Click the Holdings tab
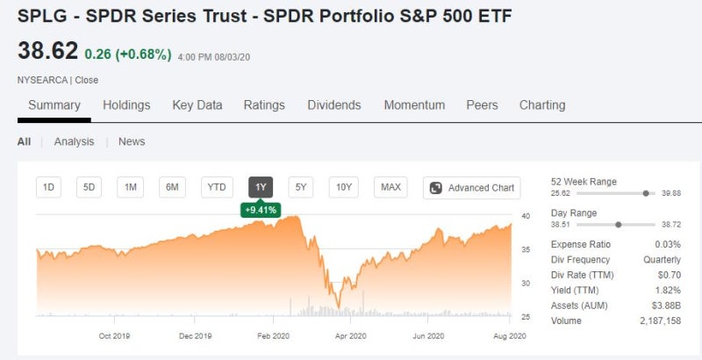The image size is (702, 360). (126, 105)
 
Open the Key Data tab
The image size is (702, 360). (197, 105)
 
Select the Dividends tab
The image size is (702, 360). (333, 105)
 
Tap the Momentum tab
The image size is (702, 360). (414, 105)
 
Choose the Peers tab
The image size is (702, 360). (482, 105)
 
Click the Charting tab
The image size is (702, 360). (542, 105)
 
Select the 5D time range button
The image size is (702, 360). (90, 187)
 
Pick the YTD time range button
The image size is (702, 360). (215, 187)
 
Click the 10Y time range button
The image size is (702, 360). (343, 187)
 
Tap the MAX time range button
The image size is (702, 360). (390, 187)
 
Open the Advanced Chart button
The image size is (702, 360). (471, 187)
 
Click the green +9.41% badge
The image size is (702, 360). (260, 210)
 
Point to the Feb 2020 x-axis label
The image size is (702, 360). (274, 335)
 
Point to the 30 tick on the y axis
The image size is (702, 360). (526, 284)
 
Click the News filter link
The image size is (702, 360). (132, 141)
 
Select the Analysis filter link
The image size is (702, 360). (74, 141)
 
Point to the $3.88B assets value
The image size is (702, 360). (665, 306)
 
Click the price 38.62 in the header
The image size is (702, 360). (47, 52)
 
